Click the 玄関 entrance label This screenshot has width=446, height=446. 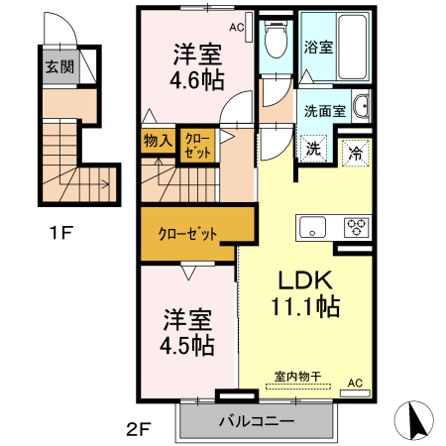click(x=58, y=67)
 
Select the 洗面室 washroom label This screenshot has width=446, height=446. click(x=324, y=111)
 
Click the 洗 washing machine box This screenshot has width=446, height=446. click(x=313, y=149)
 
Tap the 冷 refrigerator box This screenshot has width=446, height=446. click(x=355, y=154)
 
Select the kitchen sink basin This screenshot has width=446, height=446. click(x=313, y=226)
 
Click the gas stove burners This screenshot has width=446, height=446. click(x=356, y=227)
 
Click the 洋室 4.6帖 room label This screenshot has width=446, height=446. click(x=197, y=67)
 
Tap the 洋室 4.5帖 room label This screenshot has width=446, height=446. click(x=187, y=333)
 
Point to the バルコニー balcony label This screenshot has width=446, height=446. click(x=255, y=421)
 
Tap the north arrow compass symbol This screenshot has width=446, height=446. click(x=416, y=420)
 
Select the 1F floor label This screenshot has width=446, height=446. click(x=61, y=234)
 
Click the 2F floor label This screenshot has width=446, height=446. click(x=137, y=430)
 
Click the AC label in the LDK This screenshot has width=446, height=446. click(x=355, y=382)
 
